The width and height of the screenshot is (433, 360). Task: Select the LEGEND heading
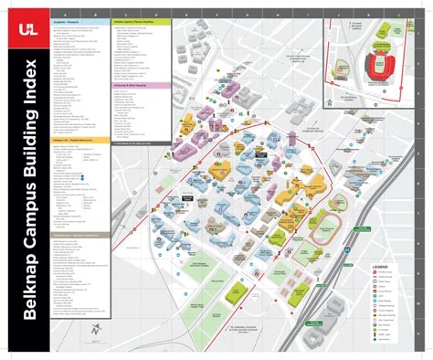click(381, 264)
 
